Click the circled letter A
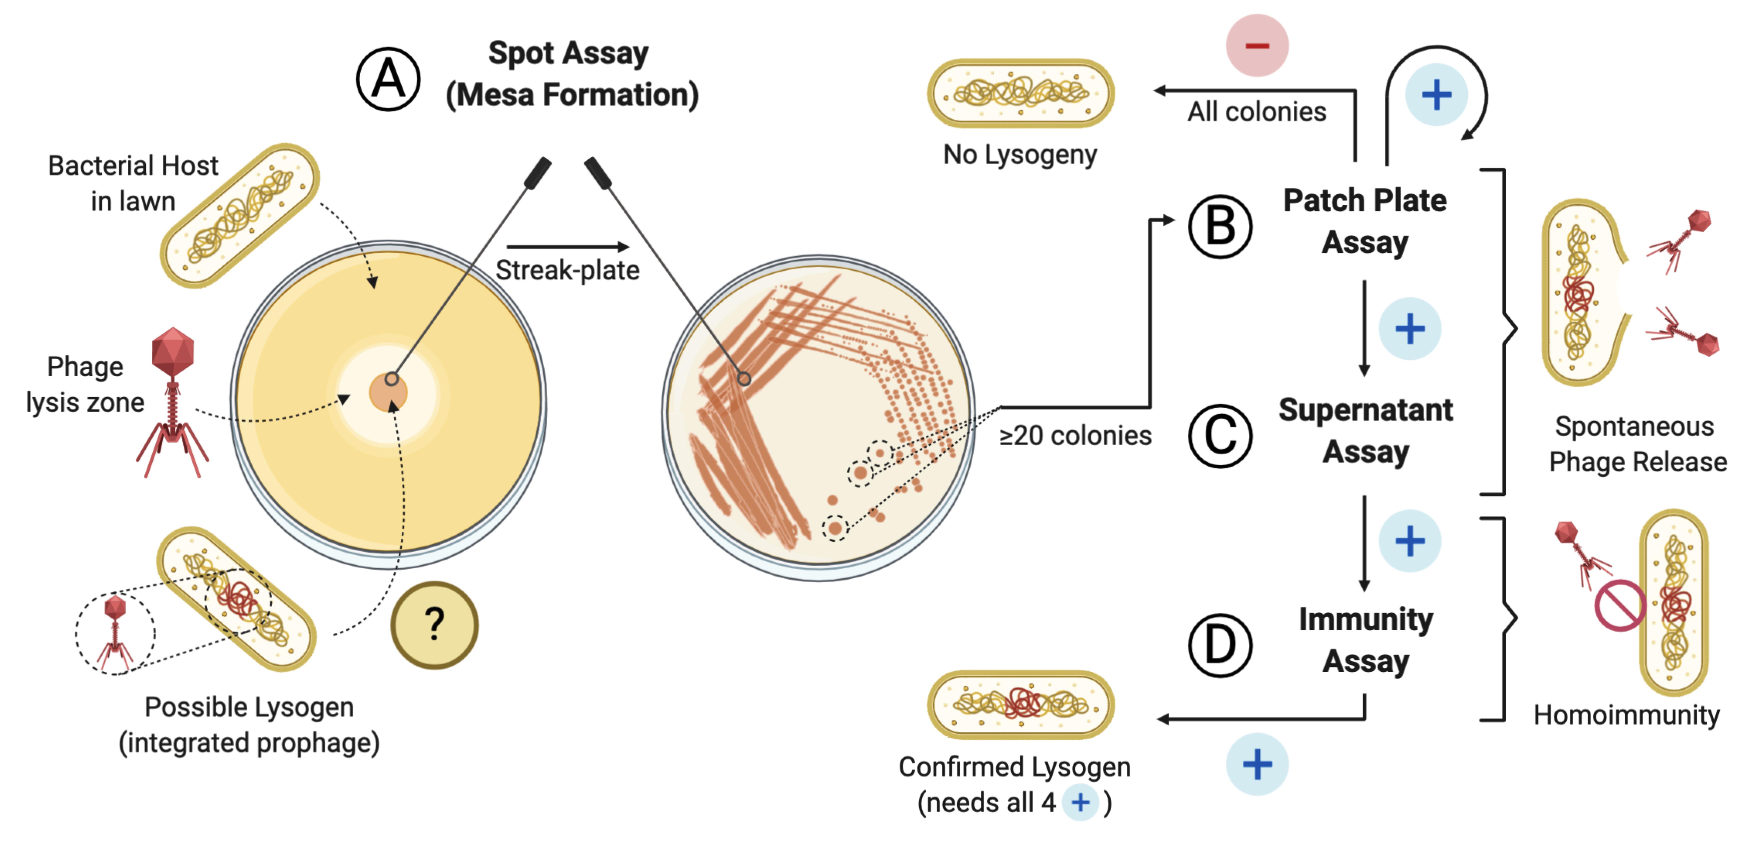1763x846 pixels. point(388,79)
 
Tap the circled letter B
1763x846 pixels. point(1220,226)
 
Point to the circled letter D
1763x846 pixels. point(1220,645)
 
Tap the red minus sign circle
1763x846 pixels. point(1257,45)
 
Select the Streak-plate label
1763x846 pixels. point(567,270)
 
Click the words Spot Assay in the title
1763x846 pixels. point(568,53)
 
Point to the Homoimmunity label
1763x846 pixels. point(1627,714)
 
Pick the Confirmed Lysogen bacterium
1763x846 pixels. point(1020,704)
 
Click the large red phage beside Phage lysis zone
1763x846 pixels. point(173,402)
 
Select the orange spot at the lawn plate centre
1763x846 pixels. point(388,392)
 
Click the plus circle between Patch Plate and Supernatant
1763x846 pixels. point(1410,328)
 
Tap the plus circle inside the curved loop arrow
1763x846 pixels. point(1436,94)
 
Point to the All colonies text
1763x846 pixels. point(1256,111)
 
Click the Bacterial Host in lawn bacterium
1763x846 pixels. point(240,215)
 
